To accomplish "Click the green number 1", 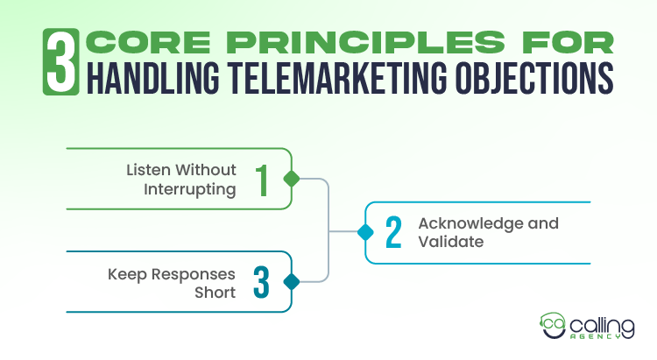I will point(261,179).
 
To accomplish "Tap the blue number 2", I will point(393,232).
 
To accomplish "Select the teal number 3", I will point(261,282).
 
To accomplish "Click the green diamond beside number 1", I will point(292,179).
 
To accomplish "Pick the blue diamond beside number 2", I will point(365,232).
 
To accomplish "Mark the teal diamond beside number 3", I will point(292,282).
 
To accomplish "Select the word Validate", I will point(450,241).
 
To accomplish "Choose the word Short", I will point(215,292).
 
